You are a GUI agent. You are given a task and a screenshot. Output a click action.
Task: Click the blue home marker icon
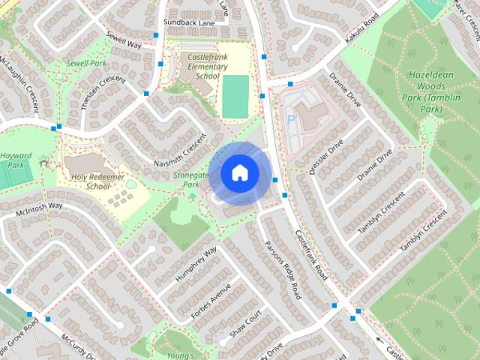[x=239, y=173]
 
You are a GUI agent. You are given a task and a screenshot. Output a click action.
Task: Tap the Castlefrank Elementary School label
[x=197, y=66]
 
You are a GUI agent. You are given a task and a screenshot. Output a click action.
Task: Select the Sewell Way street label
[x=124, y=39]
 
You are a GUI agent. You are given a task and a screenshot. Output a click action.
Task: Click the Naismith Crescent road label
[x=179, y=151]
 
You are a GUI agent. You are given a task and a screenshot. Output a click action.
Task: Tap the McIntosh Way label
[x=39, y=208]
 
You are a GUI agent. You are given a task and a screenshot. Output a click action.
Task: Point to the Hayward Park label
[x=16, y=160]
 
